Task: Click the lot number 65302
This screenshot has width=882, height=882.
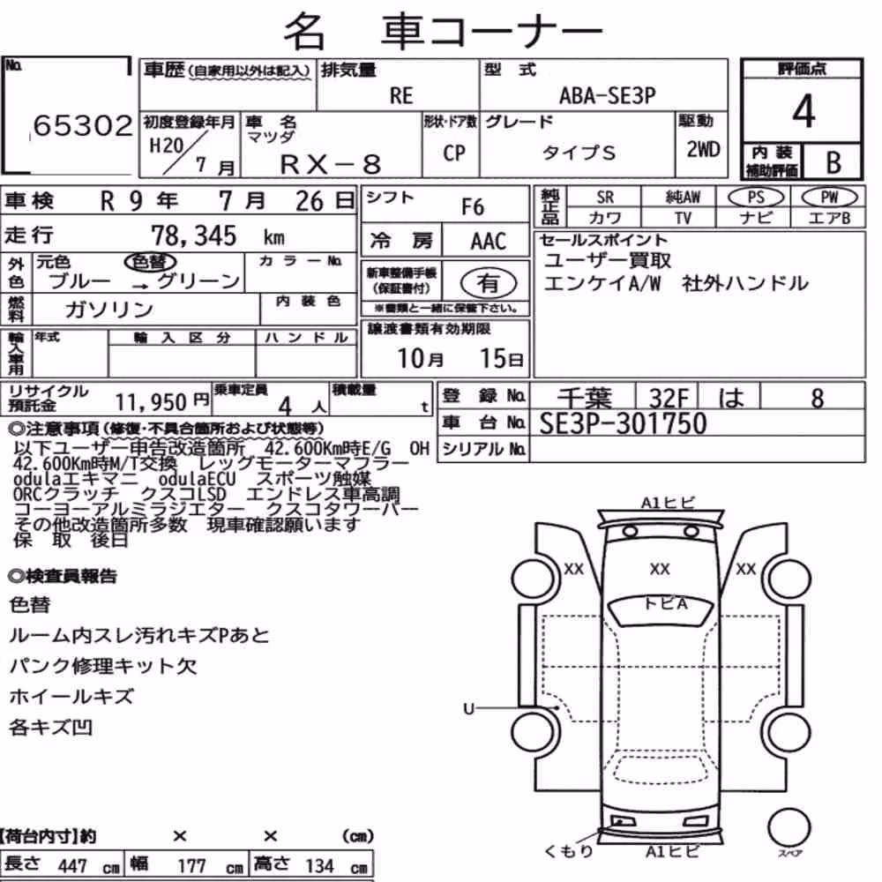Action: point(83,125)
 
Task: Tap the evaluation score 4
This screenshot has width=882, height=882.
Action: point(804,111)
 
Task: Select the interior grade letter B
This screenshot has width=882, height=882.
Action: point(833,162)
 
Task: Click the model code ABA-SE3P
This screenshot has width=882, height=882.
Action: point(607,95)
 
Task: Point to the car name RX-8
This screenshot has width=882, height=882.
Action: point(330,164)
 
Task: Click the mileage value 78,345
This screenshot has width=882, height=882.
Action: point(193,235)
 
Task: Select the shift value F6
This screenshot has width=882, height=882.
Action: point(473,207)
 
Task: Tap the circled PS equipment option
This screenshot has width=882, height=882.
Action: point(756,198)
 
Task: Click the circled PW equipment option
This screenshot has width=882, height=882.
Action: point(829,198)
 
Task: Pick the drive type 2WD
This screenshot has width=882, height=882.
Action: point(703,149)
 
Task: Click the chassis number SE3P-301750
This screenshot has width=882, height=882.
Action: point(623,423)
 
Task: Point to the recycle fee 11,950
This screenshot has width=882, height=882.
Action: point(151,402)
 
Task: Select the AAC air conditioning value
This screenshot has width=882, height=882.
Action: point(489,242)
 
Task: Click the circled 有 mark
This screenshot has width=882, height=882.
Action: point(489,283)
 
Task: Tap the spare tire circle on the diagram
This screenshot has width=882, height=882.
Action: point(789,827)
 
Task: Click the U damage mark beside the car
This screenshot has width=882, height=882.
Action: point(469,709)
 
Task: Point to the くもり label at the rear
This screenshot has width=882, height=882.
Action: point(569,851)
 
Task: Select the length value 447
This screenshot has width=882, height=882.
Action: point(72,866)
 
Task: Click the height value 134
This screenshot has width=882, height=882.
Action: point(319,866)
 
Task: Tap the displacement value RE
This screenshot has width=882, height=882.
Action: point(401,95)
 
